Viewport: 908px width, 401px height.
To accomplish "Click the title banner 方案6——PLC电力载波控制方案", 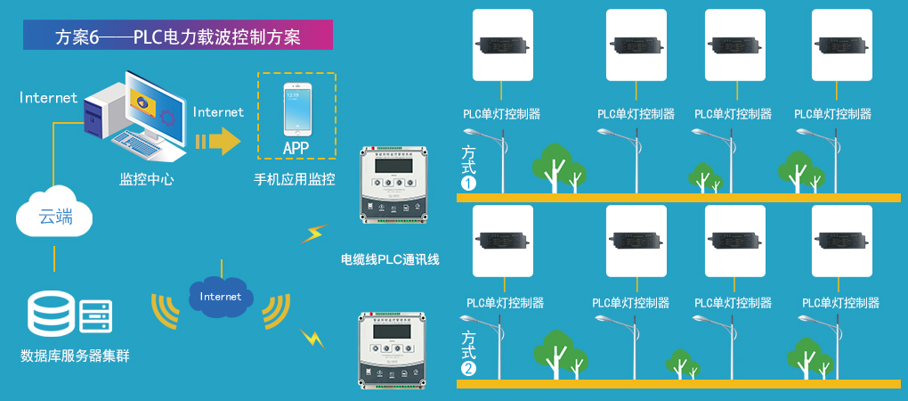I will [x=178, y=36].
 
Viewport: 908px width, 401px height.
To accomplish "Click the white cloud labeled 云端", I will [x=54, y=214].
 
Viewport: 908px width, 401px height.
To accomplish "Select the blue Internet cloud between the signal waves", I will [x=221, y=297].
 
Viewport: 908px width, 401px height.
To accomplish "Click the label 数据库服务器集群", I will [x=76, y=356].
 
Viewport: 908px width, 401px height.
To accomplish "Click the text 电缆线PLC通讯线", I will [x=391, y=260].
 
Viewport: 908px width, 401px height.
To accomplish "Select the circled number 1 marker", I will [x=469, y=183].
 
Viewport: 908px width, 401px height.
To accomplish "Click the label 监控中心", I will [x=147, y=179].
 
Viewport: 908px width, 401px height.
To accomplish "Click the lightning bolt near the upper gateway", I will [x=312, y=234].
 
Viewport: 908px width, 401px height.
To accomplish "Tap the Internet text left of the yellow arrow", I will [x=218, y=112].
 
